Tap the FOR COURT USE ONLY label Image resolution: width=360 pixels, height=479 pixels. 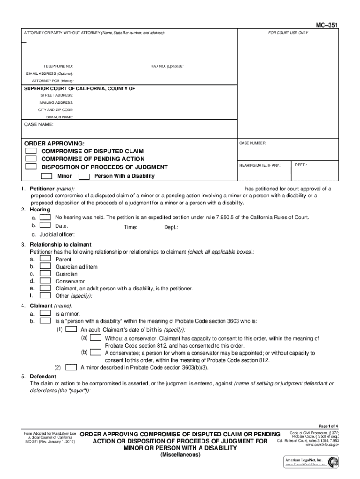pos(288,33)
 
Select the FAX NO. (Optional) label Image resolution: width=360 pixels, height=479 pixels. pos(167,66)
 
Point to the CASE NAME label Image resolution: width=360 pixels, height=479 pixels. pos(39,125)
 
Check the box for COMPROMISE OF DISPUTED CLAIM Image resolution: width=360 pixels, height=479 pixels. pos(31,152)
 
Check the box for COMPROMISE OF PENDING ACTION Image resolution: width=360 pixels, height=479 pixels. pos(31,159)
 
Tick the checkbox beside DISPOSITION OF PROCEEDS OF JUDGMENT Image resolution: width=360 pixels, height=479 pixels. pos(31,167)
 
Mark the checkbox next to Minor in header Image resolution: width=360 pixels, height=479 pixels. pos(46,176)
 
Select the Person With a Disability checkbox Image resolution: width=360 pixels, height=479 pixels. pos(84,176)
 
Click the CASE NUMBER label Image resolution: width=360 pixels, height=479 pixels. pos(253,143)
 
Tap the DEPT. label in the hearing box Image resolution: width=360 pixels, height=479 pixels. pos(301,165)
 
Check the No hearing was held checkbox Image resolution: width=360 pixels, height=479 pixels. pos(45,218)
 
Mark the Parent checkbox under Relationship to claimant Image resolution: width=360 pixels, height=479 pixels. pos(45,259)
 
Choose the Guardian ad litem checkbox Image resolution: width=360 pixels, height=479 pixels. pos(45,266)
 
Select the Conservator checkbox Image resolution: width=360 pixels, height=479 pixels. pos(45,281)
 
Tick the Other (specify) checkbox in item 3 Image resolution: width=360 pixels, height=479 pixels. pos(45,295)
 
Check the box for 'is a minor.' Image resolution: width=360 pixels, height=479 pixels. pos(45,313)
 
